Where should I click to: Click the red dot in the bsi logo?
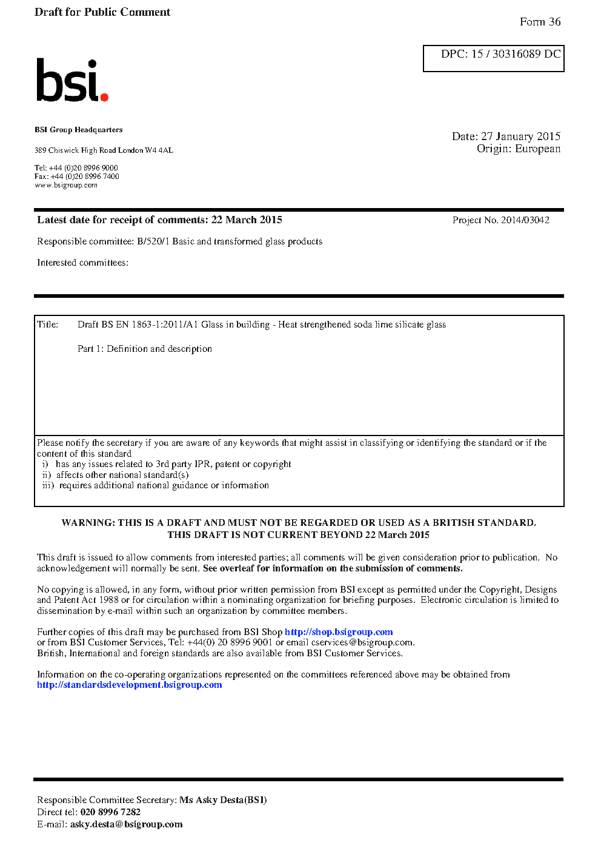click(x=104, y=96)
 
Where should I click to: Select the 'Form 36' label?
click(x=540, y=22)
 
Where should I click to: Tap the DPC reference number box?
click(x=493, y=58)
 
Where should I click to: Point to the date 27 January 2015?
click(x=520, y=136)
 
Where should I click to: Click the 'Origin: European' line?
click(x=518, y=149)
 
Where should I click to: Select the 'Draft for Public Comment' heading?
click(x=102, y=12)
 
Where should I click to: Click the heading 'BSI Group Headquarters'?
click(x=78, y=130)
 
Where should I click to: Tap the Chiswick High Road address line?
click(x=104, y=150)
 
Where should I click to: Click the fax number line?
click(x=76, y=177)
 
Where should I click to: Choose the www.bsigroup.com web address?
click(x=66, y=186)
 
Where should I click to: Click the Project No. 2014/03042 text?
click(x=500, y=220)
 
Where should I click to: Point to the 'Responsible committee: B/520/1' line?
click(x=179, y=241)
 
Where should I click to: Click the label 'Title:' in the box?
click(x=47, y=325)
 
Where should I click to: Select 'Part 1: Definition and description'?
click(x=145, y=349)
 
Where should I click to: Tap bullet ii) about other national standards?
click(x=115, y=475)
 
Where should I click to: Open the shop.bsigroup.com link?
click(x=339, y=632)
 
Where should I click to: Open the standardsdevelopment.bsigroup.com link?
click(x=129, y=685)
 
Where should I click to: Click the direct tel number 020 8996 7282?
click(x=110, y=812)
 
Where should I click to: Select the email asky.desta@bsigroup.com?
click(x=126, y=824)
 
